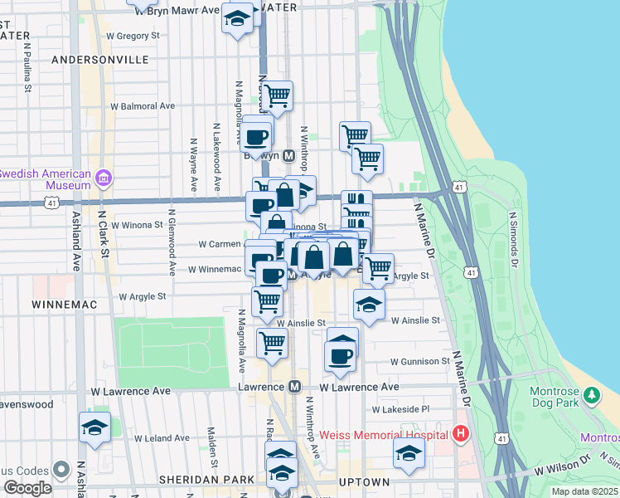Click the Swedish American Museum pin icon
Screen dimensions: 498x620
(104, 178)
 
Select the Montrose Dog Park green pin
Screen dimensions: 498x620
(593, 396)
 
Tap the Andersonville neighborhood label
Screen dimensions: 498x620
(100, 60)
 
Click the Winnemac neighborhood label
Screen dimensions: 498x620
(65, 305)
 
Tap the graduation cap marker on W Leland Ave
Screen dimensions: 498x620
(95, 427)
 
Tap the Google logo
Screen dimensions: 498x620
(27, 488)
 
